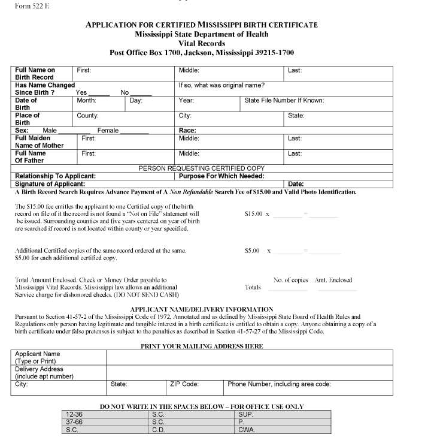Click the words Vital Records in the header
click(x=202, y=44)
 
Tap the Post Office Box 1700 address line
click(x=202, y=53)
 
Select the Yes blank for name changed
click(x=101, y=93)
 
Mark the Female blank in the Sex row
click(x=134, y=131)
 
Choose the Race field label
click(x=187, y=131)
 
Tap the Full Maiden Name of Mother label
click(x=39, y=142)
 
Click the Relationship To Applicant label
click(x=55, y=176)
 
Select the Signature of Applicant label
click(x=50, y=184)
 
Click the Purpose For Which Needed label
click(x=221, y=176)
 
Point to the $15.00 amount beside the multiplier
click(x=253, y=213)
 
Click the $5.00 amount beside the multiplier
click(x=252, y=251)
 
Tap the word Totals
click(x=253, y=287)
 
